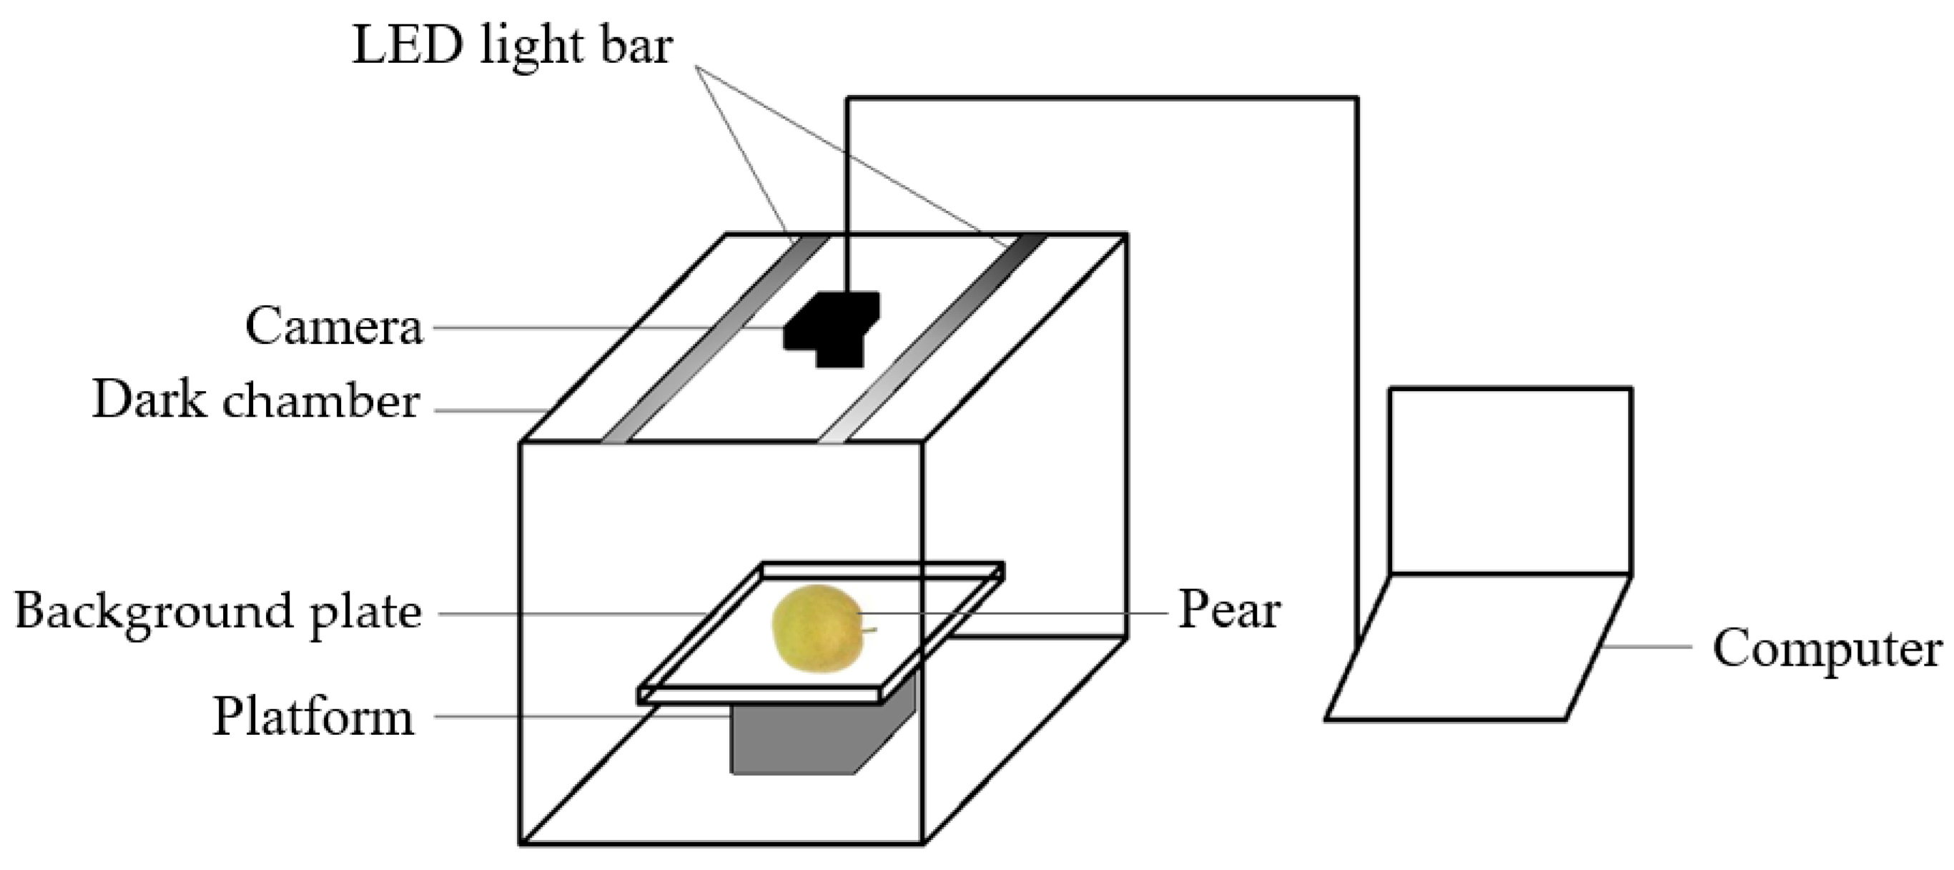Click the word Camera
tap(334, 327)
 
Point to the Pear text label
tap(1229, 611)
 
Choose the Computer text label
tap(1827, 650)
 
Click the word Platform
tap(313, 717)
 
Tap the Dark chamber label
tap(256, 400)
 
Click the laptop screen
tap(1510, 481)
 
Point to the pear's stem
tap(869, 630)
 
